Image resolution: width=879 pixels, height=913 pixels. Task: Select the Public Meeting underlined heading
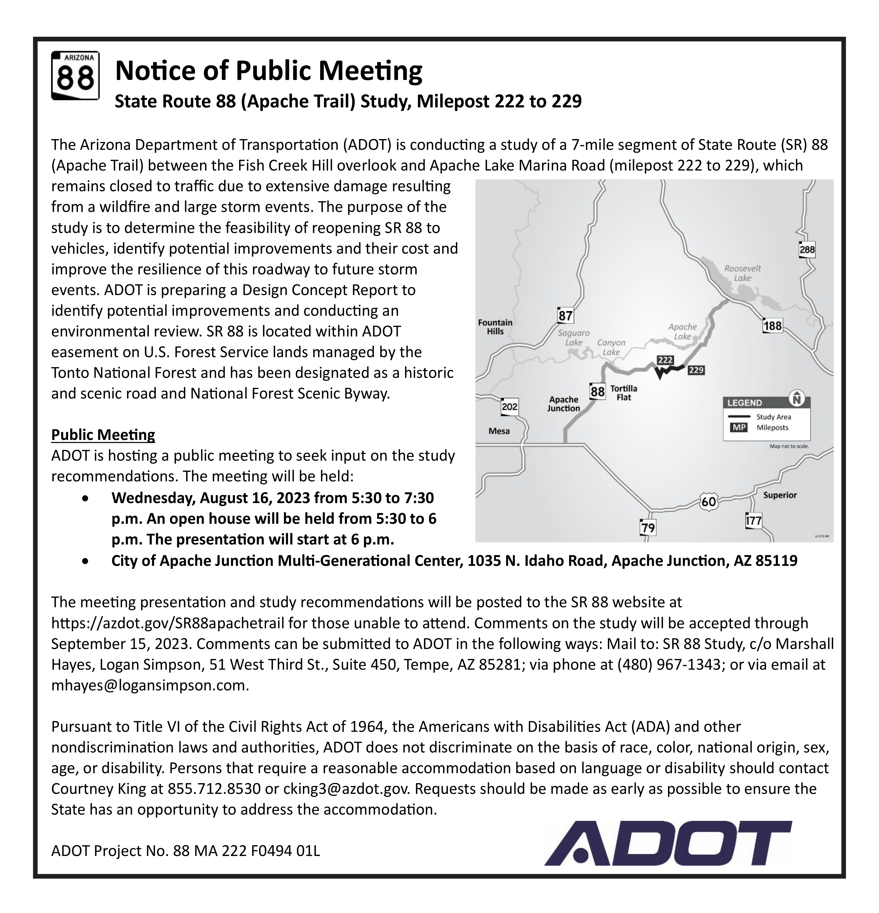tap(103, 435)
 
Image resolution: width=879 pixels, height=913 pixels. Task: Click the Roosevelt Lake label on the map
tap(743, 273)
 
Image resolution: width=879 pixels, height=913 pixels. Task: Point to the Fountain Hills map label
tap(495, 327)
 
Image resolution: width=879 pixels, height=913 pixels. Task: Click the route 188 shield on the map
tap(772, 326)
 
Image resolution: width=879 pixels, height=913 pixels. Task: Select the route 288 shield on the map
tap(807, 250)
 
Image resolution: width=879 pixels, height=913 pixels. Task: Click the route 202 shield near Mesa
tap(509, 407)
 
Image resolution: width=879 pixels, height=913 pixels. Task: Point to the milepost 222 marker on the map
tap(665, 360)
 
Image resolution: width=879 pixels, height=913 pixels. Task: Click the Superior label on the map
tap(780, 495)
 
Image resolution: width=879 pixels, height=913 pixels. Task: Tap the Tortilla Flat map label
tap(624, 393)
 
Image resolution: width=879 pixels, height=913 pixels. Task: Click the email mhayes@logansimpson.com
tap(150, 685)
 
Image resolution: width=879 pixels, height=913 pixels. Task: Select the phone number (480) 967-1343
tap(669, 664)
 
